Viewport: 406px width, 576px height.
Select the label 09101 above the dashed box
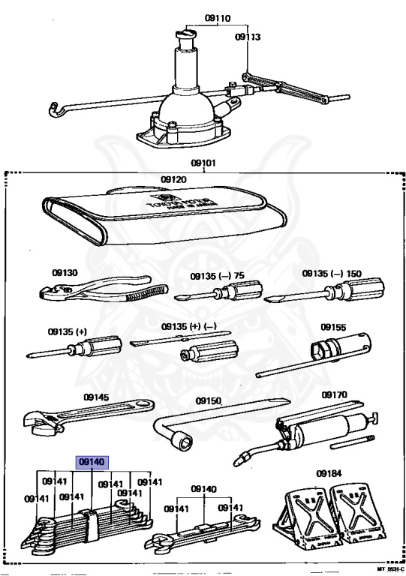pos(204,161)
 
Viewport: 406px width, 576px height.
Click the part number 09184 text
pos(329,473)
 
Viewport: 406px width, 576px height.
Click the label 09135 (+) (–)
pos(189,327)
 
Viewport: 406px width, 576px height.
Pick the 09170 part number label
pos(335,394)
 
